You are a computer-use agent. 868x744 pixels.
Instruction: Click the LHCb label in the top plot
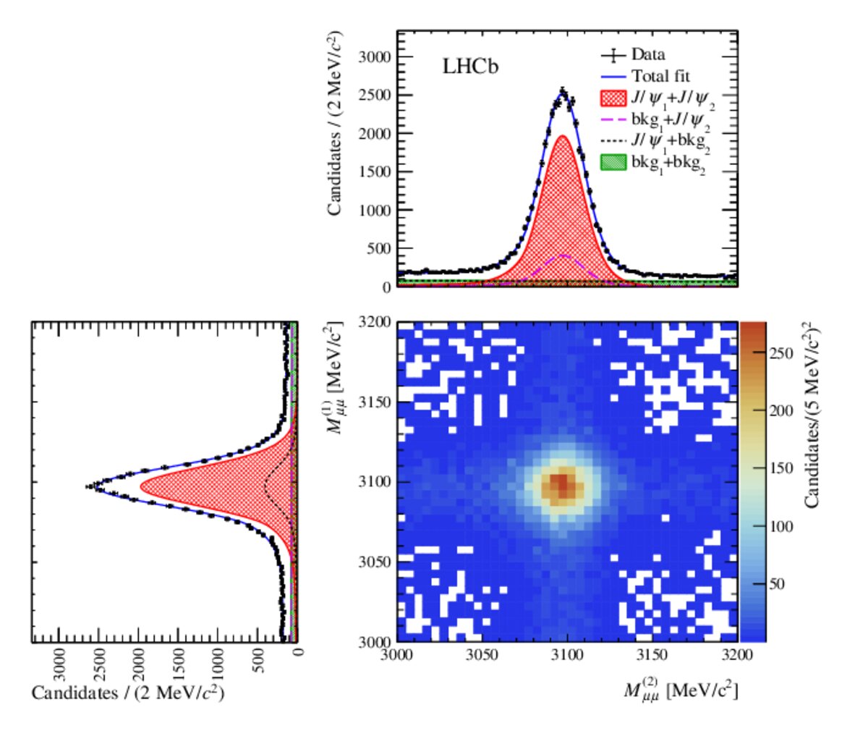471,67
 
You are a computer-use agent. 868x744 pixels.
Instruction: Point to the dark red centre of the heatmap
563,483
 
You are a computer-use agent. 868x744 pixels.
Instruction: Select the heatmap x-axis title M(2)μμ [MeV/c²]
681,690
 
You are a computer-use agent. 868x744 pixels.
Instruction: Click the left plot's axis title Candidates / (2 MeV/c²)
127,693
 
